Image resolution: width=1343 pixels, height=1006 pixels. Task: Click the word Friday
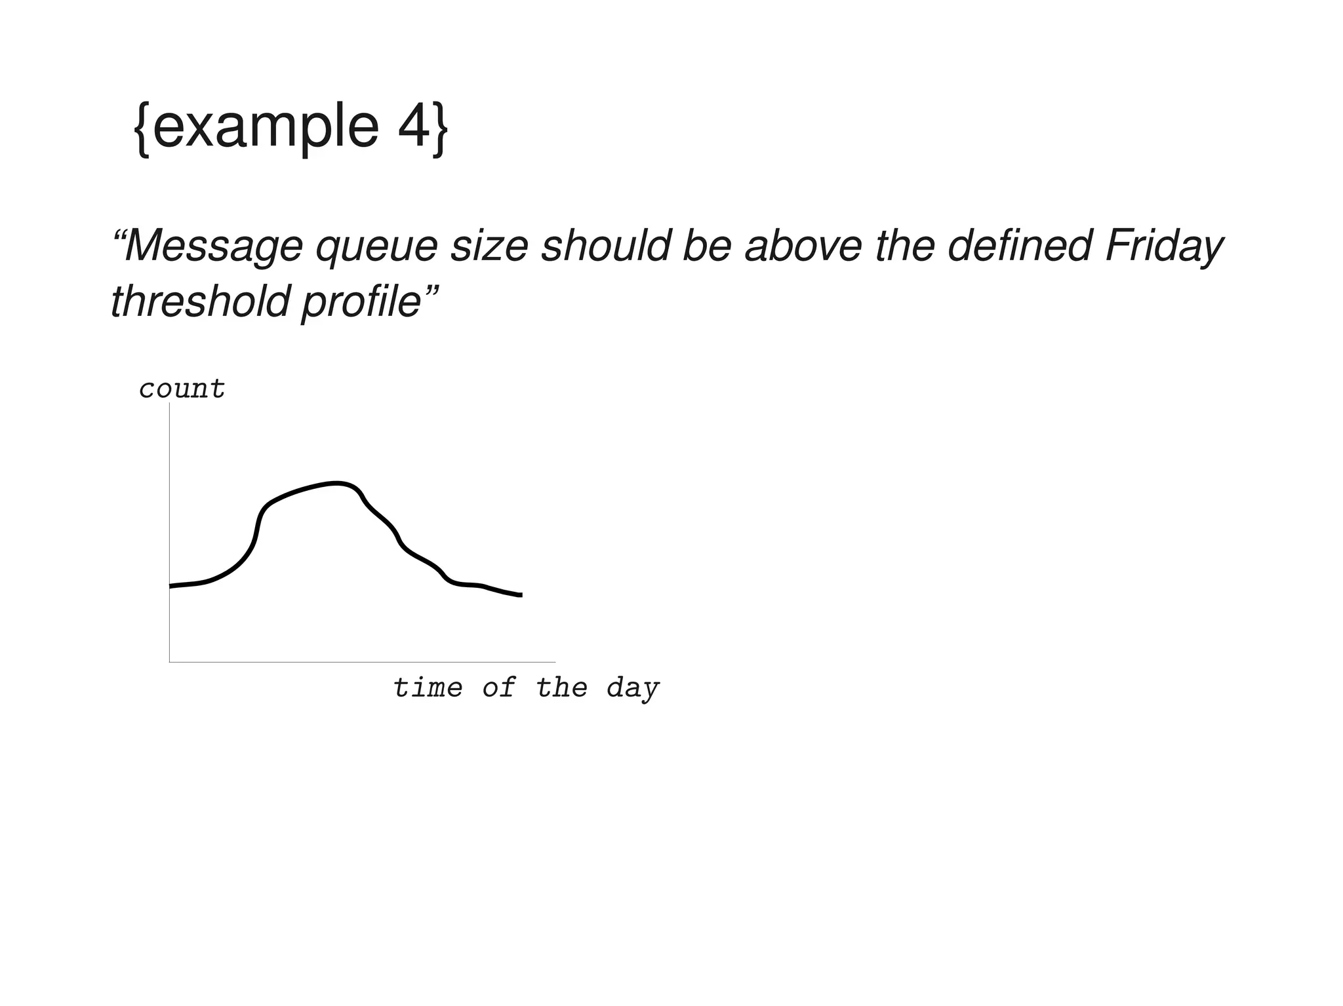(x=1164, y=248)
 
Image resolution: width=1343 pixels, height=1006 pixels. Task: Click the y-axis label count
(x=182, y=389)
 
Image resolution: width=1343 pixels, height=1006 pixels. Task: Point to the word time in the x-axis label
(x=428, y=687)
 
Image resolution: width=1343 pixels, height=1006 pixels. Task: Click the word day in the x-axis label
(x=633, y=689)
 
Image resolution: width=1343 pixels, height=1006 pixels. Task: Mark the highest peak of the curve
(x=336, y=484)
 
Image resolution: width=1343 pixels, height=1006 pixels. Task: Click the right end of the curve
(x=521, y=595)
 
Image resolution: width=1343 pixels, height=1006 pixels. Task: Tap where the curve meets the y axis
(x=170, y=586)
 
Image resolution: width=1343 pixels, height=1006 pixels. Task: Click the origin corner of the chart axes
(x=170, y=662)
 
